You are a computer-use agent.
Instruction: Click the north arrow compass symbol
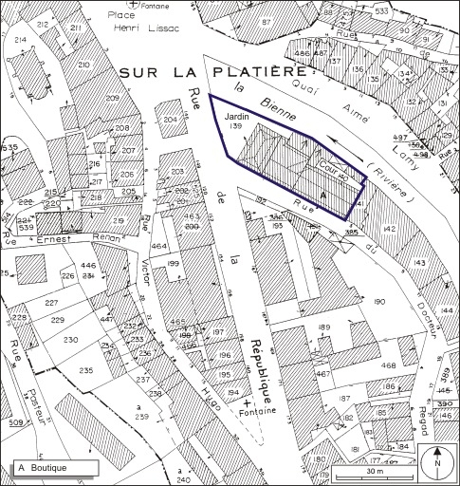click(437, 461)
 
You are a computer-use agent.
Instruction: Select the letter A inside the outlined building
click(323, 193)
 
